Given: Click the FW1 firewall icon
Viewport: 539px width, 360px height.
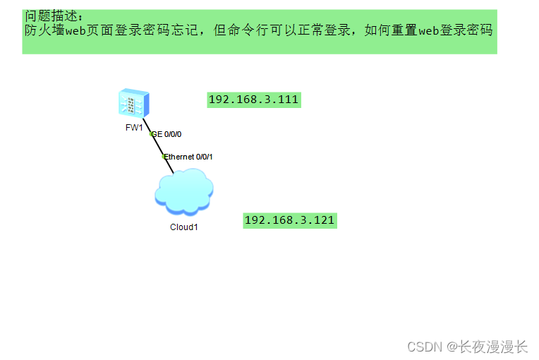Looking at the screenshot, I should tap(133, 104).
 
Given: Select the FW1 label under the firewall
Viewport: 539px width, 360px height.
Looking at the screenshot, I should tap(134, 128).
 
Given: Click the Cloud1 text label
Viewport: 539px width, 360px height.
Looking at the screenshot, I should tap(184, 227).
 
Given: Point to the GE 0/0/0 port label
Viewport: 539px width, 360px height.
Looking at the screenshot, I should tap(170, 134).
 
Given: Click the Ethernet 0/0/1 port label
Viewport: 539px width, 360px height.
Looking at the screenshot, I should tap(189, 157).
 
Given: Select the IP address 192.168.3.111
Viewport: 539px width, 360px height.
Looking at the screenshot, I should tap(254, 100).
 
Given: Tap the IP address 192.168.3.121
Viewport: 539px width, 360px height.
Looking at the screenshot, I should tap(289, 220).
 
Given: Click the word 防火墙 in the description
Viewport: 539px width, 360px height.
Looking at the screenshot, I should tap(40, 30).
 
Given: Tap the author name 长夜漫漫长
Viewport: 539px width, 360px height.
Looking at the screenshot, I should tap(493, 347).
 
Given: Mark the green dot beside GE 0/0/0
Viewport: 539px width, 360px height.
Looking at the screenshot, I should tap(152, 133).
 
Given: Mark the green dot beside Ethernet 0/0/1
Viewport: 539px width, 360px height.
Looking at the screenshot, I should tap(164, 156).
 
